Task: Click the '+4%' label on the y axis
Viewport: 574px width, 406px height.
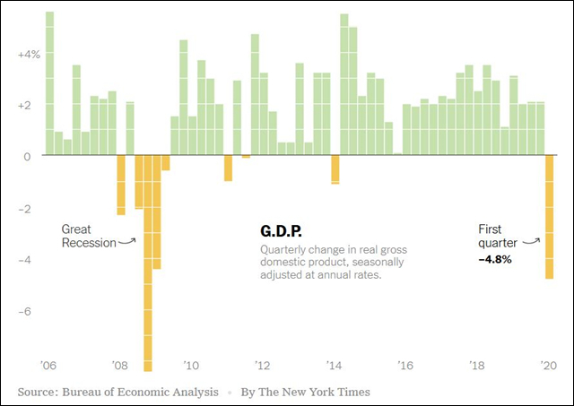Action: point(28,54)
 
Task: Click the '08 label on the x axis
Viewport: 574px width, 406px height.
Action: point(120,365)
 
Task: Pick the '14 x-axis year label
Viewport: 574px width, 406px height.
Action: point(335,365)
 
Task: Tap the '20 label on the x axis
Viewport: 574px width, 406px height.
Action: point(549,365)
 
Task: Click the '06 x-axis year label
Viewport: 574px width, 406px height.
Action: point(48,365)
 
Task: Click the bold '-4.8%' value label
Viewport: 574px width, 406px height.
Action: point(496,259)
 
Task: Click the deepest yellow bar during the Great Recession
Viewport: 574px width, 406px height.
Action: point(148,269)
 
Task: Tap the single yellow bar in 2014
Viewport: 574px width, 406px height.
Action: point(335,169)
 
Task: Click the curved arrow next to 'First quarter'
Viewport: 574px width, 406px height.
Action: point(532,239)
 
